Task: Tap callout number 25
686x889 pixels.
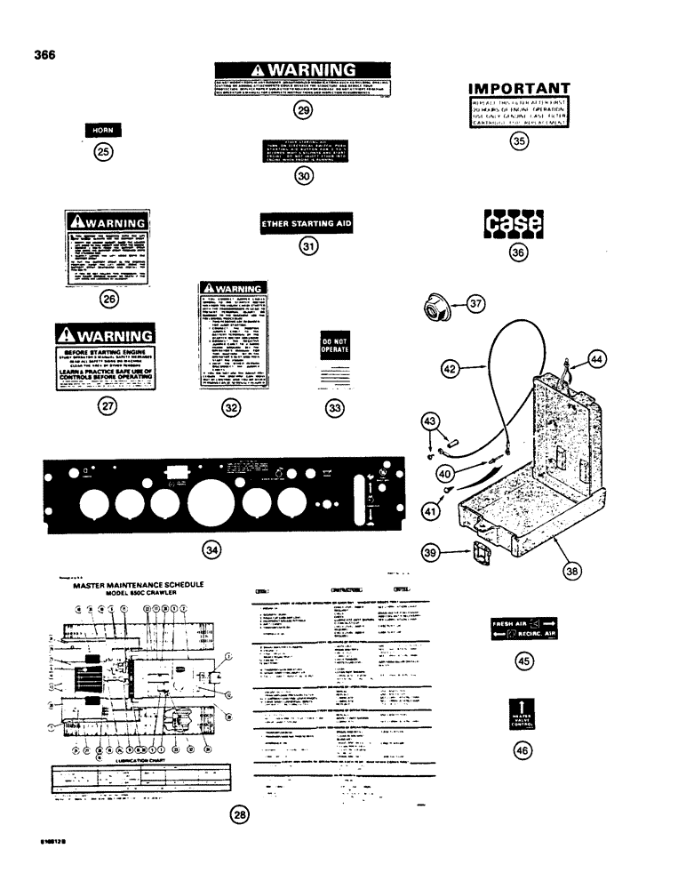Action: [103, 152]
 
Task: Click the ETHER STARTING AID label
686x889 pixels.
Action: [307, 225]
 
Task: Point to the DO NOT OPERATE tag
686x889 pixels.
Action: [334, 348]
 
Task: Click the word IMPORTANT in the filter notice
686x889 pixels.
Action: [518, 89]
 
